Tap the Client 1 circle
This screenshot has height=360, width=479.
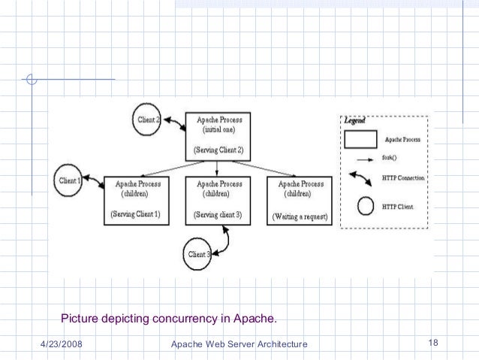[x=69, y=182]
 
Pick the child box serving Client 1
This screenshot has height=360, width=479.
[x=136, y=199]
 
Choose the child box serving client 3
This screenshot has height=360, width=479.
[x=218, y=199]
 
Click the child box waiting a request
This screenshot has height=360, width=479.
[x=300, y=200]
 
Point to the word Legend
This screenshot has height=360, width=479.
[x=354, y=120]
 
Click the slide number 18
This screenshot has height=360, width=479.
[x=432, y=343]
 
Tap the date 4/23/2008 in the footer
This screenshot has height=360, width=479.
[x=62, y=344]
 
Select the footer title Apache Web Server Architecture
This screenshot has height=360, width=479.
[x=239, y=344]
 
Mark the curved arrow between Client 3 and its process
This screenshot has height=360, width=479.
[x=222, y=239]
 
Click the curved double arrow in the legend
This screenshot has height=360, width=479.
[x=362, y=178]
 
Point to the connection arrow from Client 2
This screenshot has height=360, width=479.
[x=176, y=125]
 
